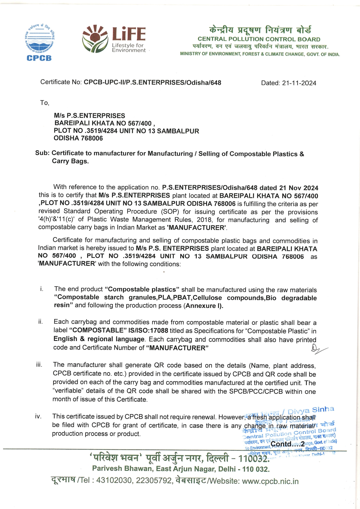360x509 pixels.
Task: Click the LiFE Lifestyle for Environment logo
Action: (x=114, y=39)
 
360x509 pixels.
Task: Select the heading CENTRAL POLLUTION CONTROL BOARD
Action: (x=259, y=39)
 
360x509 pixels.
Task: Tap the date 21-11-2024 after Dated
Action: (x=299, y=83)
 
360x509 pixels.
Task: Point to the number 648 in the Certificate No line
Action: (x=216, y=83)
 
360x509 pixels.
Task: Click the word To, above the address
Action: (x=45, y=103)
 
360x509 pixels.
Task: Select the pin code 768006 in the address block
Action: (x=92, y=138)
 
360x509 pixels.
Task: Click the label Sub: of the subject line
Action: (x=42, y=153)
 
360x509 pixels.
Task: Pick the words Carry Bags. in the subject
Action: (x=70, y=161)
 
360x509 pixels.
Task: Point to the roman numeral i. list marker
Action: (x=42, y=289)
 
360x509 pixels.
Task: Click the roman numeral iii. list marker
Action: (x=39, y=365)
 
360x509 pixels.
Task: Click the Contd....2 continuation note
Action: (x=287, y=444)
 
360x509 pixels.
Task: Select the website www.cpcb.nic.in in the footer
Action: (x=270, y=481)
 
